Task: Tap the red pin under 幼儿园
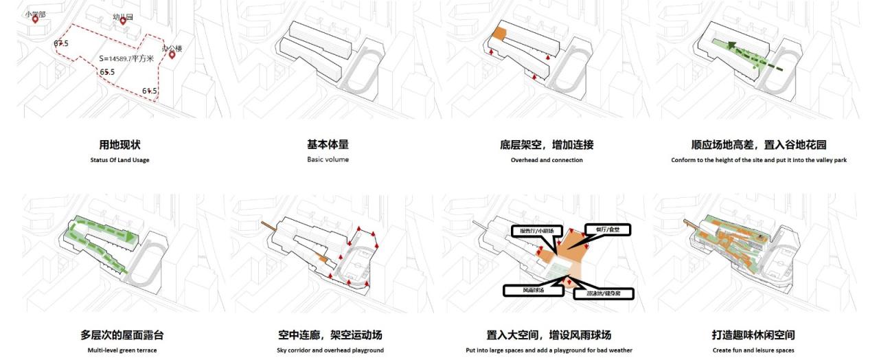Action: [x=123, y=21]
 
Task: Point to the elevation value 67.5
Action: [x=61, y=43]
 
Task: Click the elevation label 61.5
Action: [x=150, y=91]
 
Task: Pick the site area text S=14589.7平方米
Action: [x=128, y=59]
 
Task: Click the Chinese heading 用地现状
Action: [x=119, y=145]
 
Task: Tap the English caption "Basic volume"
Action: [x=328, y=159]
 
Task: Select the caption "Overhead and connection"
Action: [x=546, y=160]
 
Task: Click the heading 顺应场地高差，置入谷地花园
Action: [x=758, y=145]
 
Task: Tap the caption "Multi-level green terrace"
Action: [x=122, y=350]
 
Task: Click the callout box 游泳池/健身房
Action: [x=603, y=293]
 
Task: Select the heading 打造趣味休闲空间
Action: [x=753, y=335]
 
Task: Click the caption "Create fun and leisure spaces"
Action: [x=753, y=350]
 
